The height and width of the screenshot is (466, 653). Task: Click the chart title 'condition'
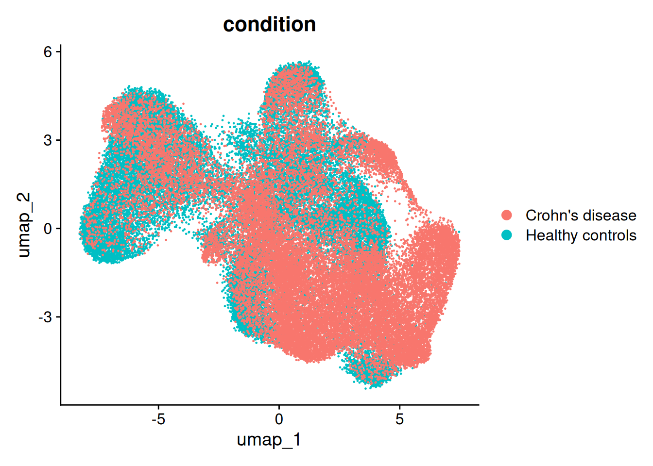pos(269,24)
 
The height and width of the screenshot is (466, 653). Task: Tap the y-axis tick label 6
pos(48,51)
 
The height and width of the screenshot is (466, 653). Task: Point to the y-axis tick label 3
pos(48,140)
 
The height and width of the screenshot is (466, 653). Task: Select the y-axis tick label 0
pos(48,229)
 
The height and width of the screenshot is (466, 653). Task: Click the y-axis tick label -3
pos(46,317)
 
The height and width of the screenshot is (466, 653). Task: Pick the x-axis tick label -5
pos(158,419)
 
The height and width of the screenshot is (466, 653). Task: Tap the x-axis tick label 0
pos(279,419)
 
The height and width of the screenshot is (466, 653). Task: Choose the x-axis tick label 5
pos(399,419)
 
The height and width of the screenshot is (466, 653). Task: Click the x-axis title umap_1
pos(269,440)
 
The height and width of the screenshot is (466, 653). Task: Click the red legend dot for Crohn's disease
pos(507,215)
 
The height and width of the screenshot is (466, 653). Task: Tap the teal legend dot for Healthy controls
pos(507,235)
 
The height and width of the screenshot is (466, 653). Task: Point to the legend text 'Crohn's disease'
pos(581,215)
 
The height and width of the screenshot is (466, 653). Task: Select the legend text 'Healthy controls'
pos(581,235)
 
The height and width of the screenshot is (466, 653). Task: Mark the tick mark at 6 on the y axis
pos(58,51)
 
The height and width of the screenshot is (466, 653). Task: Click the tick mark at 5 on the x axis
pos(399,407)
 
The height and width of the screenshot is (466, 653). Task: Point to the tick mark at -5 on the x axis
pos(158,407)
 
